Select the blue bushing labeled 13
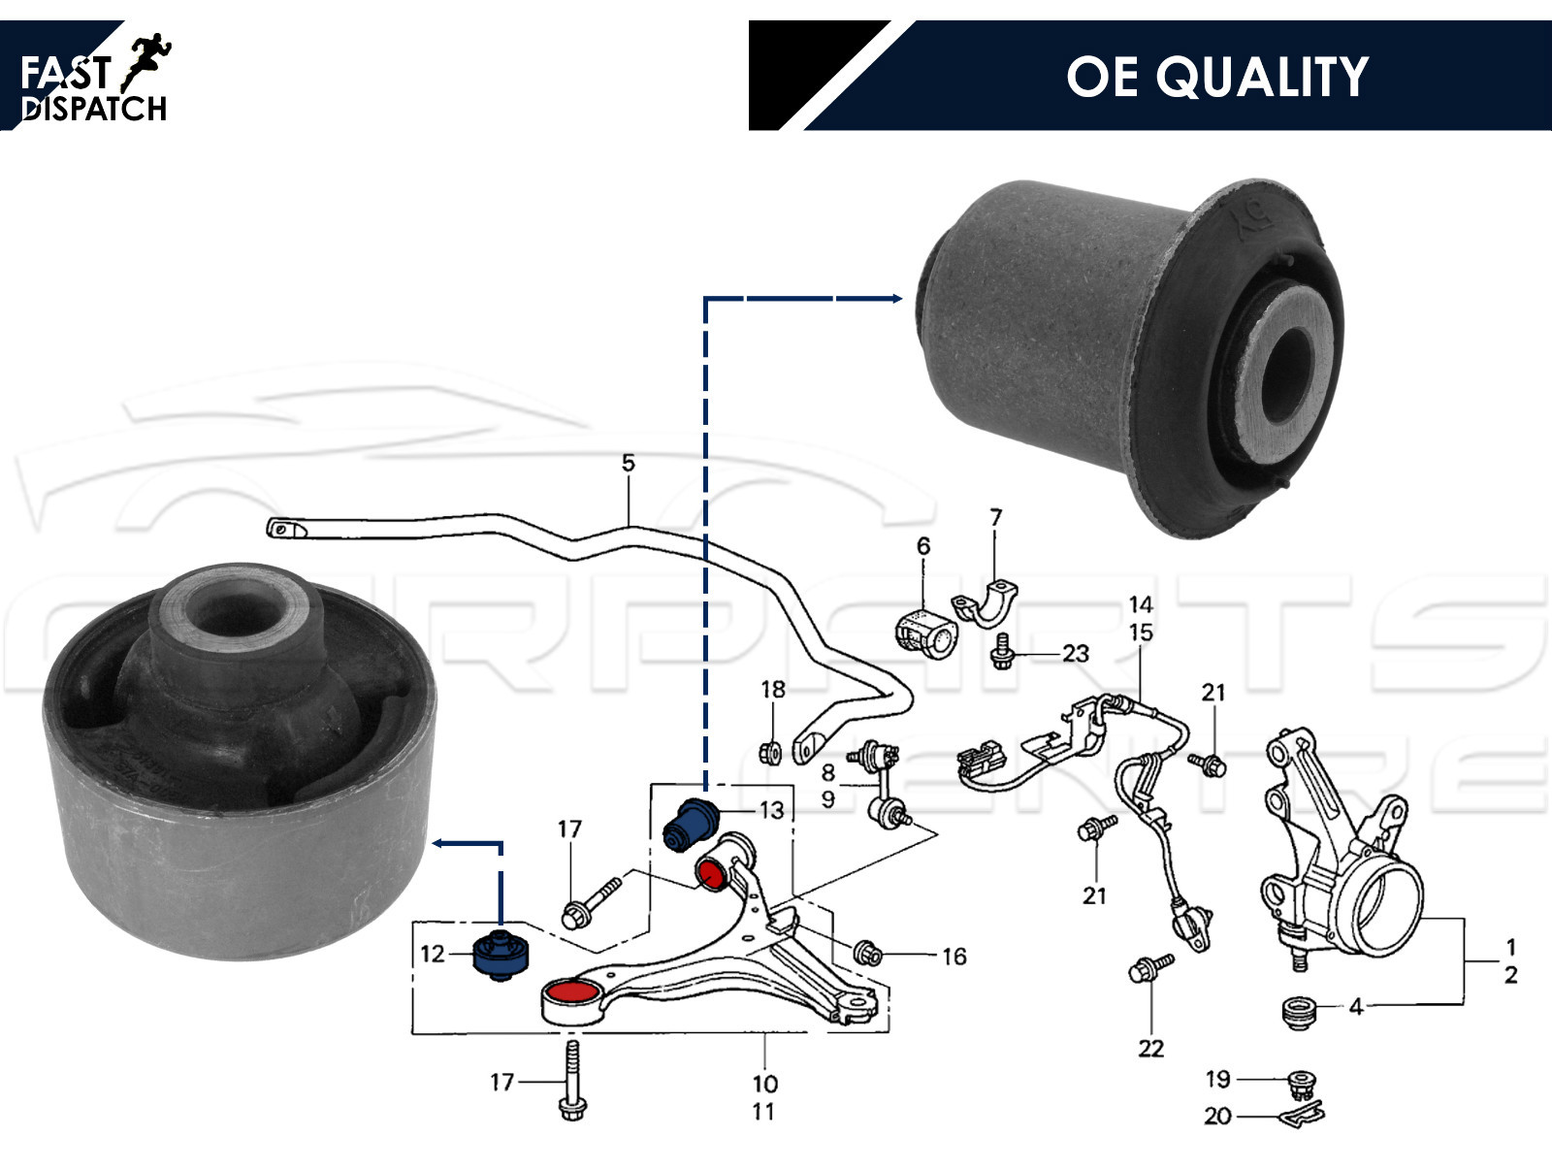point(690,823)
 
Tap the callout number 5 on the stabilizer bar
point(629,463)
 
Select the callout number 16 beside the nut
point(954,957)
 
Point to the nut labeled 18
point(772,752)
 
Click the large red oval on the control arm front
point(570,993)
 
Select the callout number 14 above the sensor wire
point(1141,604)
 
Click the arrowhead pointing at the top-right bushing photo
point(896,299)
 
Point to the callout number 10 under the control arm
point(764,1083)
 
